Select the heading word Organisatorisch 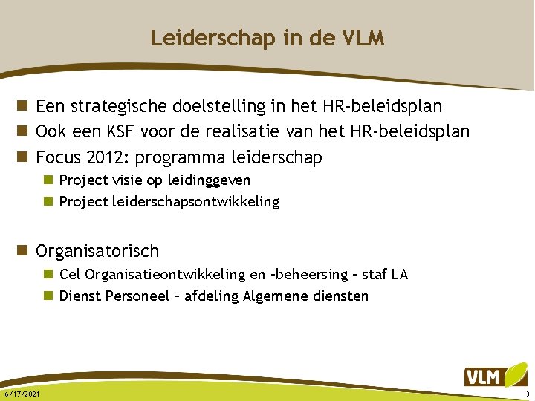pos(97,252)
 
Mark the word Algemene pos(285,296)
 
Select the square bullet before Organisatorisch pos(27,252)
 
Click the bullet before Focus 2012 pos(27,157)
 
